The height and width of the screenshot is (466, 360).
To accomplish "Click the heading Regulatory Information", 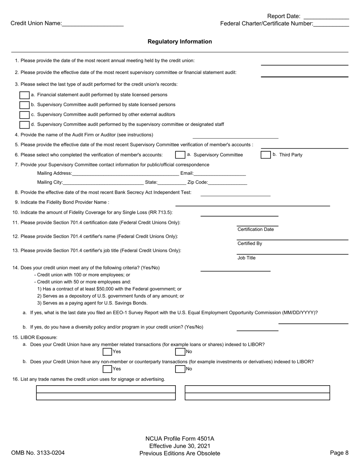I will click(x=180, y=42).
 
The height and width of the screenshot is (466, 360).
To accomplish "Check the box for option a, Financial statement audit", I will click(x=24, y=95).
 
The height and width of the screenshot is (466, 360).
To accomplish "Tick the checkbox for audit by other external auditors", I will click(x=24, y=115).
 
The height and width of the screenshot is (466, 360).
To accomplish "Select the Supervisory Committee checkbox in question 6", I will click(x=180, y=155).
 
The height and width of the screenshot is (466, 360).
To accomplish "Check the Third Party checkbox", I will click(x=266, y=155).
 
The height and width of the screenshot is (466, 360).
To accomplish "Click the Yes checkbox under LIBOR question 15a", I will click(x=107, y=352).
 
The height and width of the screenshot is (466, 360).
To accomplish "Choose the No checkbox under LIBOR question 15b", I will click(x=180, y=369).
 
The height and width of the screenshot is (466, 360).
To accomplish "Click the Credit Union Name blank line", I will click(x=92, y=24).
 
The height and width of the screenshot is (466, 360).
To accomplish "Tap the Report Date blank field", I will click(x=326, y=16).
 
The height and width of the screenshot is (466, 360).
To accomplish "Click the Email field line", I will click(x=220, y=174).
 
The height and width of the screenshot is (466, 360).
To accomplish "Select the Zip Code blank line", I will click(x=227, y=182).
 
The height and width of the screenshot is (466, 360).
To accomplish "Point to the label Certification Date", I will click(x=255, y=229).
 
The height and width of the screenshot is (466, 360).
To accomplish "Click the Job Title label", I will click(x=246, y=258).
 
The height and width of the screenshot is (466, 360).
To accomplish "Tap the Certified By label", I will click(x=250, y=243).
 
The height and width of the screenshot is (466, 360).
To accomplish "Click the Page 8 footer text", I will click(x=339, y=453).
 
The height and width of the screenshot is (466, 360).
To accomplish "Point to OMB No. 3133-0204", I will click(x=38, y=453).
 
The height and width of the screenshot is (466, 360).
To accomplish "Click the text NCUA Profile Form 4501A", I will click(x=180, y=439).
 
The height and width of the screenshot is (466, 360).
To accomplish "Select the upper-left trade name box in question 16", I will click(x=106, y=389).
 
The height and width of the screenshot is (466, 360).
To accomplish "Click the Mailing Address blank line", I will click(x=125, y=174).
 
